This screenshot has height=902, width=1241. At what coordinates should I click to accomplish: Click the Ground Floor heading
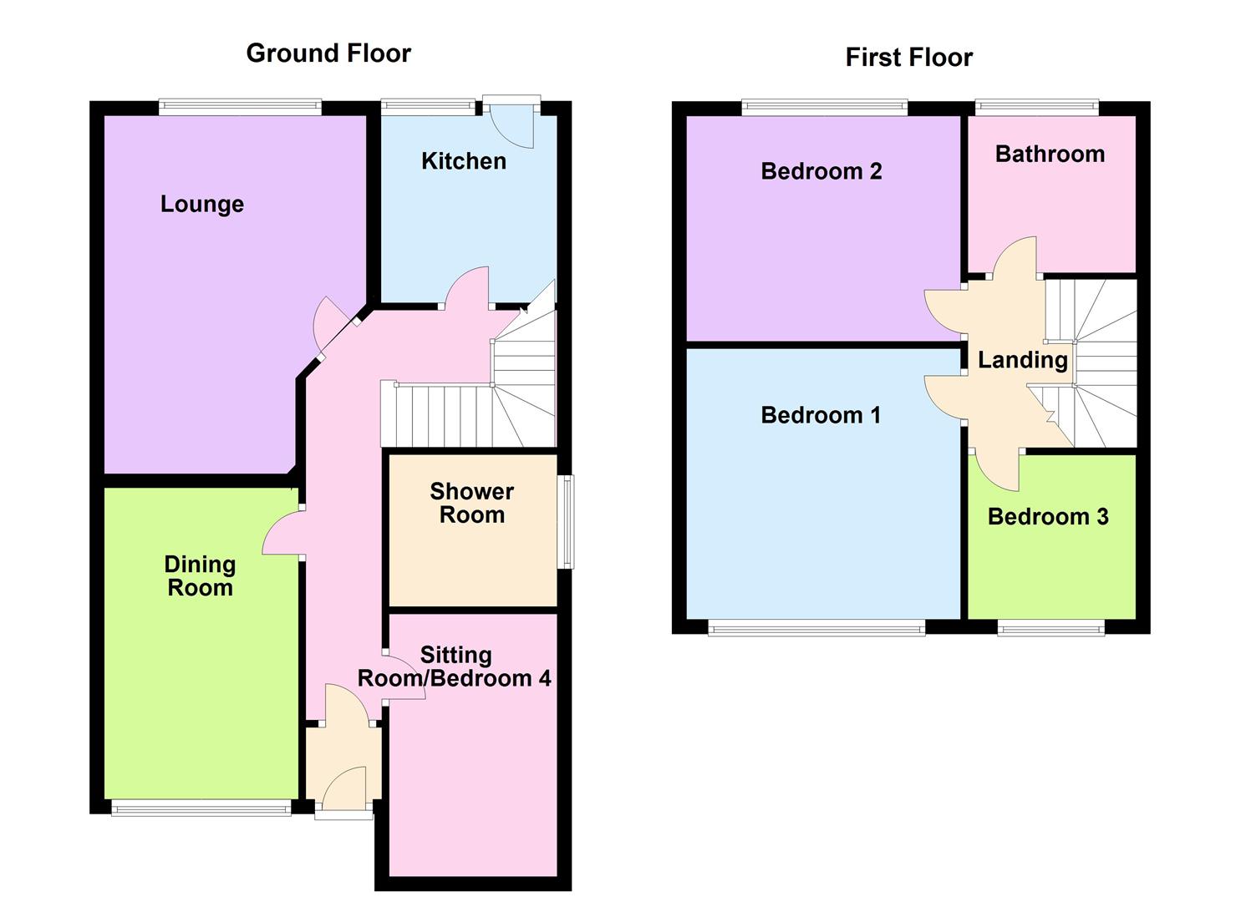click(x=328, y=53)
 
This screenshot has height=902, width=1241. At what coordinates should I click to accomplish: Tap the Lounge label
click(x=202, y=205)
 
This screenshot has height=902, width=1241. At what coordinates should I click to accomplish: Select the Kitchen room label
click(x=464, y=161)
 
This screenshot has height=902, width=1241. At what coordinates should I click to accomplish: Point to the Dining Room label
click(x=200, y=576)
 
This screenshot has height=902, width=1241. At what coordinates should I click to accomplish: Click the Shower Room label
click(x=472, y=503)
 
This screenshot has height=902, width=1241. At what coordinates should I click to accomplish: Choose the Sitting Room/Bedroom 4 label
click(x=455, y=666)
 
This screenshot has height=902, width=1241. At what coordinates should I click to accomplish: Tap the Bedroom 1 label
click(x=821, y=415)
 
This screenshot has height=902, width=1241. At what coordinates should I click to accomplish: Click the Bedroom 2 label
click(x=821, y=171)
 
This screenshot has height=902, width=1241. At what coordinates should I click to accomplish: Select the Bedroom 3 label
click(x=1048, y=517)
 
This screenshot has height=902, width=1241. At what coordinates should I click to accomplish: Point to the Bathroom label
click(x=1050, y=154)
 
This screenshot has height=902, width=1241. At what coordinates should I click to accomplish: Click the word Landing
click(x=1023, y=361)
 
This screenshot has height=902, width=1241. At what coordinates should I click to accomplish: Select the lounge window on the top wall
click(x=240, y=107)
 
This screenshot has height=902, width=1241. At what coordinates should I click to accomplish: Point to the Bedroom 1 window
click(x=816, y=628)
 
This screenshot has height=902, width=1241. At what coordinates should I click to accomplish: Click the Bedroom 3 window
click(x=1051, y=628)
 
